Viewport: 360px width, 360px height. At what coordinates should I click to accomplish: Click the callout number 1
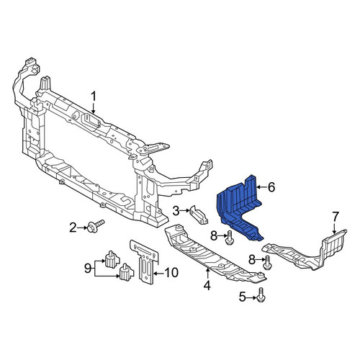[94, 96]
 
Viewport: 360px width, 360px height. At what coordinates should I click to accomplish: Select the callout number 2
[73, 228]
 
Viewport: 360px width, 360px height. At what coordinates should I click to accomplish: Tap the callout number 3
[176, 211]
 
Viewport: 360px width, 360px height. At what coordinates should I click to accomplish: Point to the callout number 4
[207, 285]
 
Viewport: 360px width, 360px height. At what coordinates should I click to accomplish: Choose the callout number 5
[243, 297]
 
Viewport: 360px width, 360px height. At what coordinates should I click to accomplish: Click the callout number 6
[271, 187]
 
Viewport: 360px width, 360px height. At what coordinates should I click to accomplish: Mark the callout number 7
[335, 217]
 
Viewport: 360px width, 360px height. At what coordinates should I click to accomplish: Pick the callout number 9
[88, 269]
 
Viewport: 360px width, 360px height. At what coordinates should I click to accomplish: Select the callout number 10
[171, 272]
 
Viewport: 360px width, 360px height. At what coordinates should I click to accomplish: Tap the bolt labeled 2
[95, 226]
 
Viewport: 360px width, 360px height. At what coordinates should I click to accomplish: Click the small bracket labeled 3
[199, 215]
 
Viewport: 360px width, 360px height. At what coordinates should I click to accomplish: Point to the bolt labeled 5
[261, 295]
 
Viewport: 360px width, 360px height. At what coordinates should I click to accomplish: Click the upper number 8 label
[214, 235]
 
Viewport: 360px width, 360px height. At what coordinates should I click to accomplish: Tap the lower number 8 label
[252, 259]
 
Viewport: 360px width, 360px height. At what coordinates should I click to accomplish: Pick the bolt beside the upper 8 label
[229, 238]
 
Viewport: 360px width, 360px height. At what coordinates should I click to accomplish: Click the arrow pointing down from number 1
[94, 108]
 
